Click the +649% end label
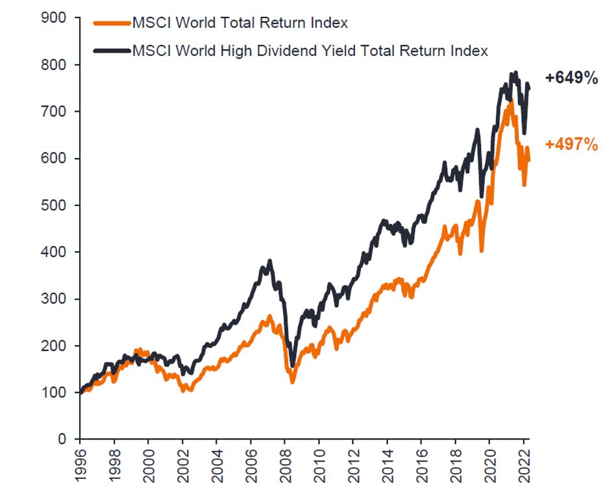[x=571, y=79]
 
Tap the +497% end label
[x=571, y=144]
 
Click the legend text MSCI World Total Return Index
[x=240, y=23]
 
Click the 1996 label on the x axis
[x=80, y=463]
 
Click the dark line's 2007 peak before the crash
[x=269, y=261]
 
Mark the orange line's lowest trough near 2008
[x=292, y=382]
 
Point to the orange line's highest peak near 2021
[x=511, y=101]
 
